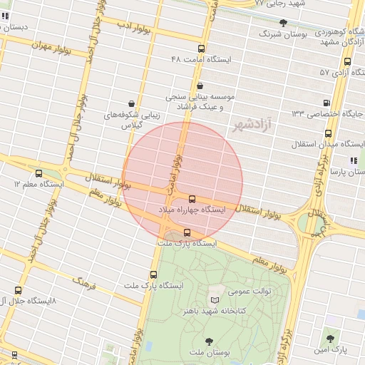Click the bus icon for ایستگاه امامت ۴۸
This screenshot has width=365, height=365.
pos(202,49)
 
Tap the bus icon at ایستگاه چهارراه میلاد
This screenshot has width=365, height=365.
pos(192,198)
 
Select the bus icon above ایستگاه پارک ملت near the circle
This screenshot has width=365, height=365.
pos(187,232)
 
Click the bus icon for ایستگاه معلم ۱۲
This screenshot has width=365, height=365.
pos(38,173)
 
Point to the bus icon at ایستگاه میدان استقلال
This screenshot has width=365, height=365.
pos(328,133)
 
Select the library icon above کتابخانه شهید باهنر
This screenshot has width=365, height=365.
pos(215,299)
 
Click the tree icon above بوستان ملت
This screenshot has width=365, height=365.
pos(209,341)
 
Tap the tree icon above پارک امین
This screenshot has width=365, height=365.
pos(330,339)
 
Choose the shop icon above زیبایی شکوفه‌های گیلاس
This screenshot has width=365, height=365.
pos(130,103)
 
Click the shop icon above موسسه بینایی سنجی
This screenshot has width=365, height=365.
pos(200,86)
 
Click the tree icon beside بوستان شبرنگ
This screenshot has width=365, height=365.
pos(283,23)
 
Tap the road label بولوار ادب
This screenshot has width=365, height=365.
pos(133,26)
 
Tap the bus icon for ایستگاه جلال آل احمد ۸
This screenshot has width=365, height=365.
pos(18,290)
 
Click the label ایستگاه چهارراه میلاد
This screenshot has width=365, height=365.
pos(192,210)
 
